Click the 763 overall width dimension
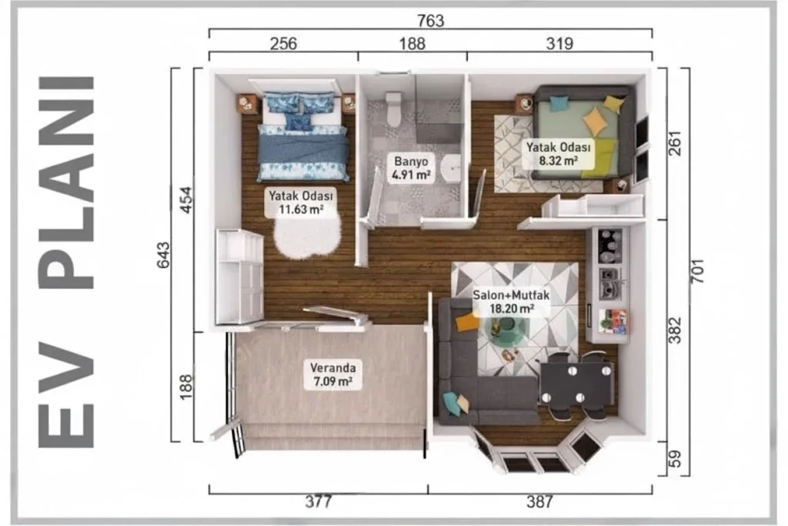click(431, 21)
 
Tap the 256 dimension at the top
click(283, 44)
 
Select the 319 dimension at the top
click(559, 44)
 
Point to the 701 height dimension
click(697, 270)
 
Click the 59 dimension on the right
click(675, 459)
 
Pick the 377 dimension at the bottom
click(319, 501)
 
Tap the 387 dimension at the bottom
click(539, 501)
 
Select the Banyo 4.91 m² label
click(411, 168)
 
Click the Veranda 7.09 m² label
click(332, 374)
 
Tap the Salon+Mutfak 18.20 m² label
click(511, 302)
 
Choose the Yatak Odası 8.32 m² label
click(559, 154)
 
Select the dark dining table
click(576, 384)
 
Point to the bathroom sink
click(451, 167)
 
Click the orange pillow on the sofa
click(467, 322)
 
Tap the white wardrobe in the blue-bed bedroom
click(240, 276)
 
